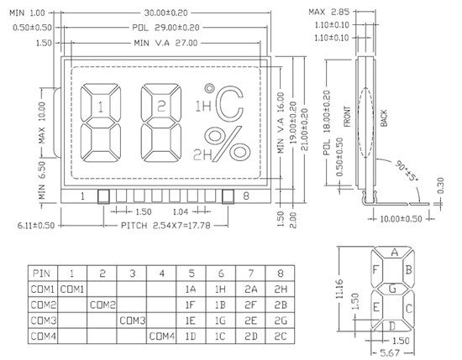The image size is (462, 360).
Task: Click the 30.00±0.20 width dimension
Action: pyautogui.click(x=165, y=13)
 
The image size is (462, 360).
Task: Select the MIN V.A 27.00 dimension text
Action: pyautogui.click(x=165, y=43)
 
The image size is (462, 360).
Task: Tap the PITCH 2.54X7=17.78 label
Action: pyautogui.click(x=165, y=226)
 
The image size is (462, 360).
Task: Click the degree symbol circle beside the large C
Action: pyautogui.click(x=209, y=88)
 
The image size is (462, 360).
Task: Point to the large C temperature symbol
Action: pyautogui.click(x=230, y=104)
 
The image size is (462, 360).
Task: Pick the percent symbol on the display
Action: pyautogui.click(x=228, y=143)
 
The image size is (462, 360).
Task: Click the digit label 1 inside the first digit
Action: pyautogui.click(x=101, y=107)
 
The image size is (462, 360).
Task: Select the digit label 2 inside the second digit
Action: pyautogui.click(x=161, y=107)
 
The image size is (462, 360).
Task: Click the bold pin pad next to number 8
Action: pyautogui.click(x=228, y=196)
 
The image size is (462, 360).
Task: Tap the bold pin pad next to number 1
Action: pyautogui.click(x=103, y=196)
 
